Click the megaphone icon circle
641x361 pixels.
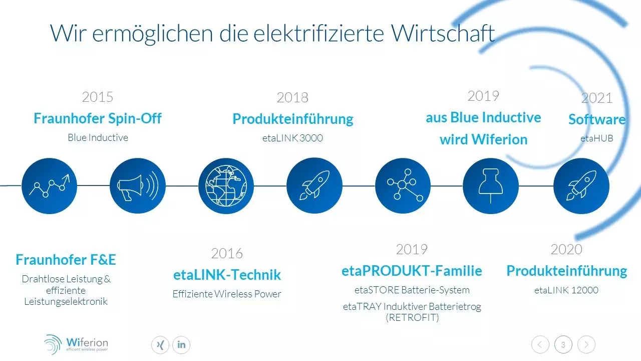coord(138,186)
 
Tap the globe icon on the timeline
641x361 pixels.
coord(226,186)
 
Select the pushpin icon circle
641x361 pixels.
coord(490,186)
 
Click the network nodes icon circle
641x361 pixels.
coord(403,186)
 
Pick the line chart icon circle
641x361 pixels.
coord(49,186)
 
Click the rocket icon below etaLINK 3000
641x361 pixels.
coord(314,186)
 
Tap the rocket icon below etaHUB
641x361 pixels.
coord(581,186)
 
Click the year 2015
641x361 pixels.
coord(98,97)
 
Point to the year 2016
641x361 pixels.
coord(227,253)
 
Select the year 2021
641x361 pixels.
coord(597,98)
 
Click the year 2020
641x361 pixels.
coord(566,249)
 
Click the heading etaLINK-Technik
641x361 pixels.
coord(227,274)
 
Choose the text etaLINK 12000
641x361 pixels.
coord(566,290)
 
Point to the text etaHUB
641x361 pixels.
coord(597,138)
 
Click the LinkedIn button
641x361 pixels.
coord(181,344)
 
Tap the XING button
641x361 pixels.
coord(160,344)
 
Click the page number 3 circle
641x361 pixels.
coord(563,344)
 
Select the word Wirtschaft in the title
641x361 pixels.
coord(443,33)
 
